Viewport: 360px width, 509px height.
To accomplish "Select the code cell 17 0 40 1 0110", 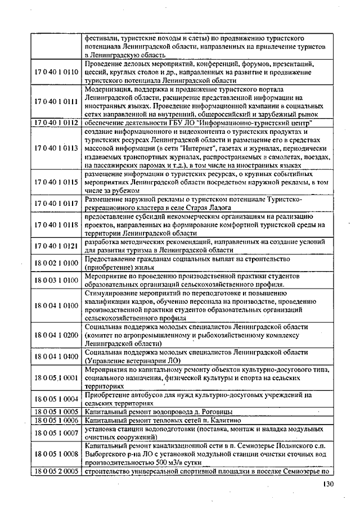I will point(55,73).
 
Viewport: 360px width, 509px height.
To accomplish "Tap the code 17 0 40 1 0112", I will point(55,123).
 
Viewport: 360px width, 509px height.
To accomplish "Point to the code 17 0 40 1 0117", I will point(55,203).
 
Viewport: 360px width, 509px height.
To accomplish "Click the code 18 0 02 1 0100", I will point(55,262).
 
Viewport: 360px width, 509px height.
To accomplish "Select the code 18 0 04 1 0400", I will point(55,356).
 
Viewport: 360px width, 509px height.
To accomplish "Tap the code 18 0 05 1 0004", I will point(55,398).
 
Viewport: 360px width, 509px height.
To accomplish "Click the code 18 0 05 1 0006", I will point(55,420).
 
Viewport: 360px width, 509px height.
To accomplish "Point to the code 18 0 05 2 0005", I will point(55,471).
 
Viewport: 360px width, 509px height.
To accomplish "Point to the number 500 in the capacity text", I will point(160,462).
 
